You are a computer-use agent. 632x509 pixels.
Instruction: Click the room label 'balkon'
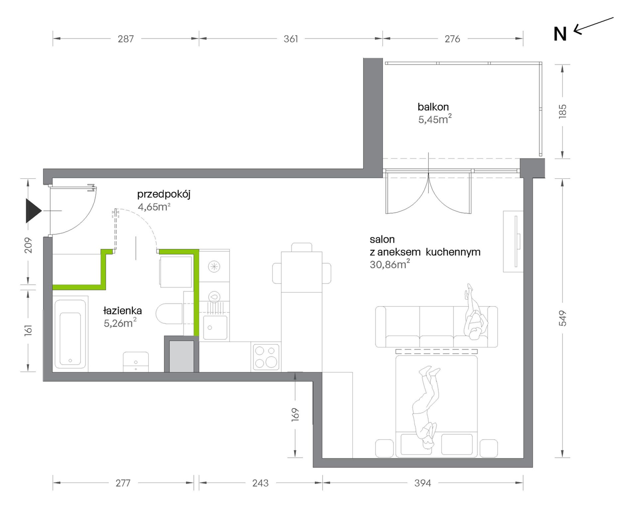(x=433, y=107)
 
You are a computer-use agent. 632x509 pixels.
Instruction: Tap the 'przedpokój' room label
(x=164, y=195)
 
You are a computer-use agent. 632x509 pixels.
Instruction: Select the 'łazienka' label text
(x=122, y=311)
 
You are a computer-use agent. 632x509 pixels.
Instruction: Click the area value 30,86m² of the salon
(x=390, y=264)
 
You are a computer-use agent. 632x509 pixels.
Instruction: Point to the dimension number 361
(x=291, y=39)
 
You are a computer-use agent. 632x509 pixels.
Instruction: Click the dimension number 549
(x=562, y=318)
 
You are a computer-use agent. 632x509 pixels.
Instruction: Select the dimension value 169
(x=295, y=415)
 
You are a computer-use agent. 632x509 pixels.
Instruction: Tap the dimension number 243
(x=260, y=483)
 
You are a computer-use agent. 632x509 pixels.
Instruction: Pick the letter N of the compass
(x=560, y=34)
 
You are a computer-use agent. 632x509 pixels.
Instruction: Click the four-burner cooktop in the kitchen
(x=266, y=357)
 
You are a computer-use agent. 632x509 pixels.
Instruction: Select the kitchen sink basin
(x=215, y=327)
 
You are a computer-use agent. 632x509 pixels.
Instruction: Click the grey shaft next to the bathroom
(x=182, y=356)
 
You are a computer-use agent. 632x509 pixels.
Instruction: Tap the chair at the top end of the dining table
(x=302, y=247)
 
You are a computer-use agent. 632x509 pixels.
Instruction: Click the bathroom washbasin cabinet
(x=136, y=362)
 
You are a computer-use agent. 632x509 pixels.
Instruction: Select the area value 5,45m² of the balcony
(x=435, y=119)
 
